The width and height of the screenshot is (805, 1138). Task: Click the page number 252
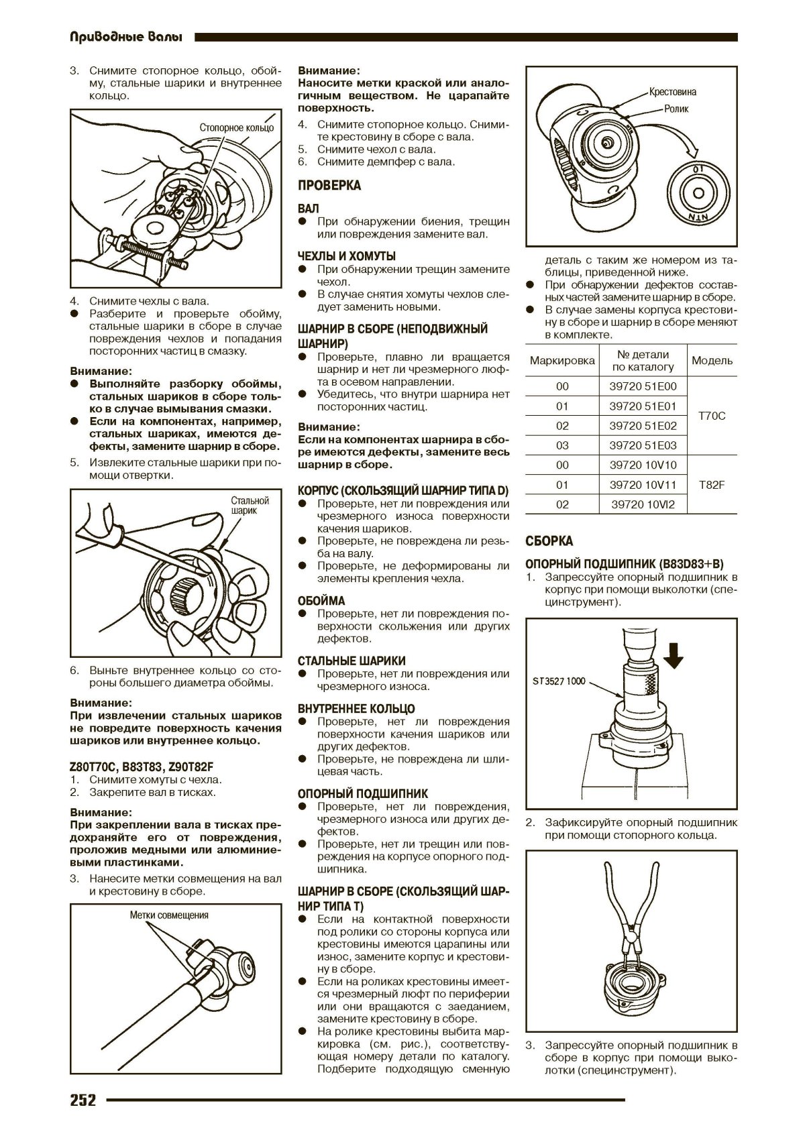[83, 1100]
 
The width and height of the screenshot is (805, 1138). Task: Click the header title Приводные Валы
[125, 38]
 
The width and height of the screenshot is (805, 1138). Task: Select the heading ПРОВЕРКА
[329, 185]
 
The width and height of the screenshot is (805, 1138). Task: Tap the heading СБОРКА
[549, 541]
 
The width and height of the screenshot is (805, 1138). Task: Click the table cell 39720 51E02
[643, 426]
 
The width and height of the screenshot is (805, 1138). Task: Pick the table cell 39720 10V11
[643, 485]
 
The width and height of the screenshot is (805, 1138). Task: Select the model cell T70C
[712, 416]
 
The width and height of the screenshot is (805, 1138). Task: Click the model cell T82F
[712, 485]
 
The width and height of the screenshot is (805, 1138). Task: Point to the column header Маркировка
[562, 361]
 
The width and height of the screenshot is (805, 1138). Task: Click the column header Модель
[712, 361]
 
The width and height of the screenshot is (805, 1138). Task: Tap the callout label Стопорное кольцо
[236, 127]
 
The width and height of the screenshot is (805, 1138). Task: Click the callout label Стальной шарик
[250, 505]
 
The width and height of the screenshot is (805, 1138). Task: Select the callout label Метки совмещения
[169, 915]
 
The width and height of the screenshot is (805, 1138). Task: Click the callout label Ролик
[676, 109]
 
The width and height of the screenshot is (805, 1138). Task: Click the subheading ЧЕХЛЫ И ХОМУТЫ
[346, 256]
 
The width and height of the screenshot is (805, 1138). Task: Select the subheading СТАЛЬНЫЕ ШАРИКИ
[352, 661]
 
